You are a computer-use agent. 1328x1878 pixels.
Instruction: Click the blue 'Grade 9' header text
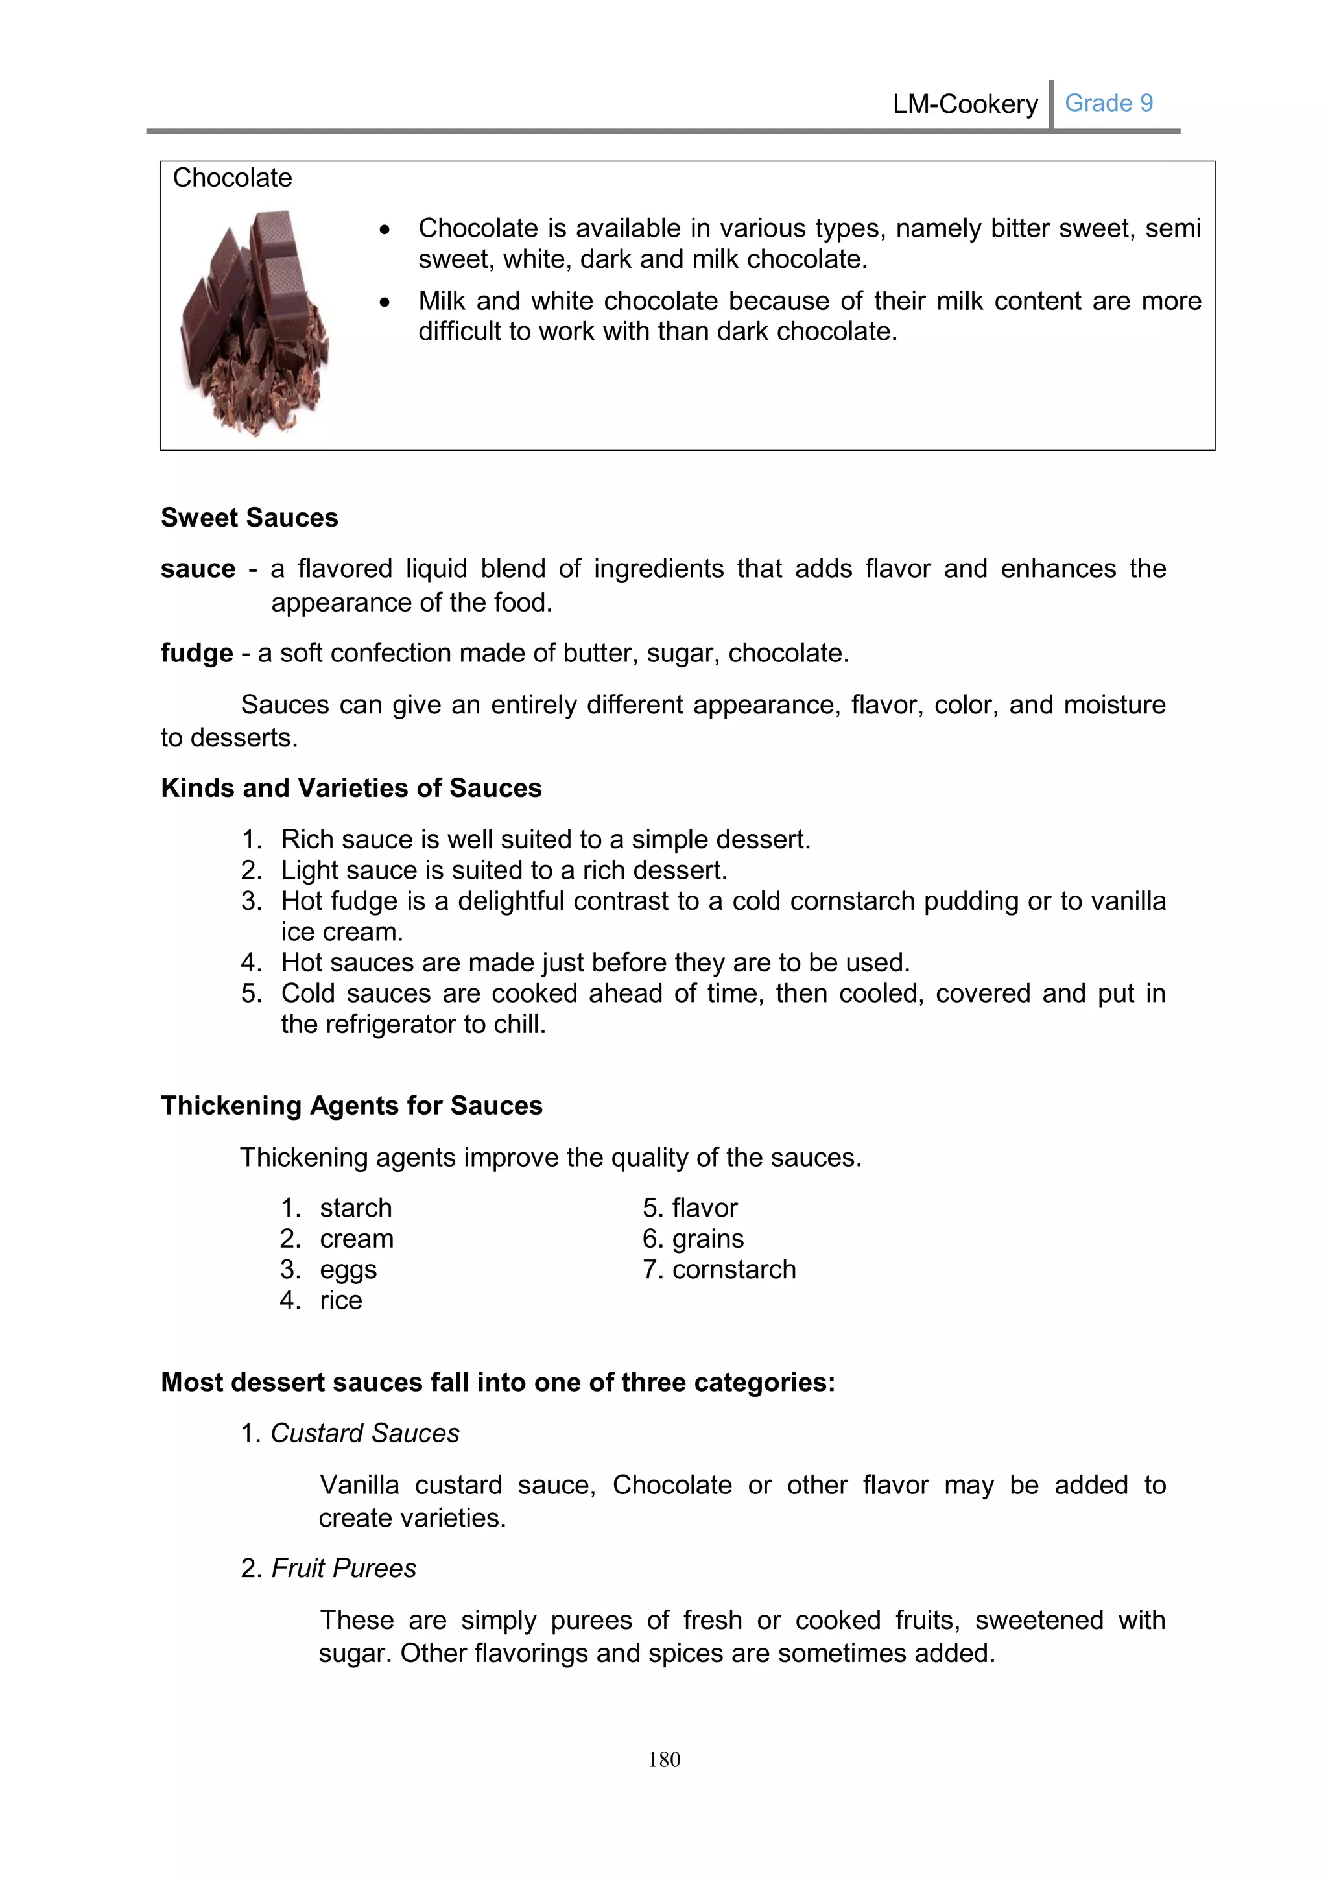[1108, 103]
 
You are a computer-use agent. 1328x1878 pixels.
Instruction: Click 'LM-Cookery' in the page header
[965, 104]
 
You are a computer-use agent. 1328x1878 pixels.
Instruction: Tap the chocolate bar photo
[254, 322]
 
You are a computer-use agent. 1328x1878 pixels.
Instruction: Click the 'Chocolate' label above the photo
[232, 178]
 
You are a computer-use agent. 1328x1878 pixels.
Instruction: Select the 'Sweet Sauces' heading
[250, 517]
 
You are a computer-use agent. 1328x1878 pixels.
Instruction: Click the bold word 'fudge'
[197, 653]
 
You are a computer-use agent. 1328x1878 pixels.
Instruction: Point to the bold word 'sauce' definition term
[198, 569]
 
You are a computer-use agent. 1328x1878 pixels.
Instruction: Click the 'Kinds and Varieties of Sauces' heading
[351, 788]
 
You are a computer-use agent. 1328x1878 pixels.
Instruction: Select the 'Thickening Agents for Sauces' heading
[351, 1105]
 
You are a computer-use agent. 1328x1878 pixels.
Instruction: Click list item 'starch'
[356, 1207]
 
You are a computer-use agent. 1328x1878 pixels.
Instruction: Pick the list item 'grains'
[707, 1239]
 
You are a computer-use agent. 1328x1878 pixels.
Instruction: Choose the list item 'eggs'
[348, 1270]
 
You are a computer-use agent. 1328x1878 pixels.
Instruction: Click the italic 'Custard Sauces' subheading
[364, 1433]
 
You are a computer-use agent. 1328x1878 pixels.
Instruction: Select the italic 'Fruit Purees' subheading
[344, 1568]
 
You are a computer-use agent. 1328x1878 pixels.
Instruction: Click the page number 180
[664, 1759]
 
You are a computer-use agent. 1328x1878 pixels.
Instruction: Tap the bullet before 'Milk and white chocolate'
[385, 302]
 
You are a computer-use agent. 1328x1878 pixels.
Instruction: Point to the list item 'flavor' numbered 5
[704, 1207]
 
